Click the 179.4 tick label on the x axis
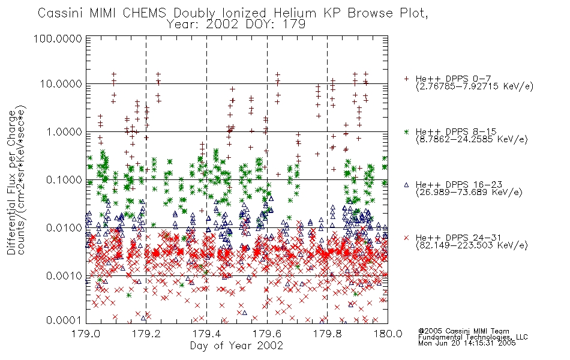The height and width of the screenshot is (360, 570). click(206, 334)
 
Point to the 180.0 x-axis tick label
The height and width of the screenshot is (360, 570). click(388, 334)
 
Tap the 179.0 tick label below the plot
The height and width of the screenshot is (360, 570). click(86, 334)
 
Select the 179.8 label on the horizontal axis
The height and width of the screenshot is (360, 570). click(327, 334)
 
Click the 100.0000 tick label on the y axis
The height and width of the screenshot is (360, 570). click(58, 38)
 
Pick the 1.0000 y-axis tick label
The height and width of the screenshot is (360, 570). click(64, 131)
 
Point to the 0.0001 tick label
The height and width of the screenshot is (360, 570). click(64, 320)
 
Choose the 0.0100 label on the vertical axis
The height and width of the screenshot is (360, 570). click(64, 228)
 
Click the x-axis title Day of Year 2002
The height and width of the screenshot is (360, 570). click(236, 346)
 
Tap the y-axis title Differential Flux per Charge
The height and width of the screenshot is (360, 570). click(11, 182)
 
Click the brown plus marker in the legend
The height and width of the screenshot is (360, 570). click(406, 79)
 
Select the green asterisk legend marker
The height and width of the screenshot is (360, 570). click(406, 131)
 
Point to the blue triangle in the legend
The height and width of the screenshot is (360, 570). click(406, 185)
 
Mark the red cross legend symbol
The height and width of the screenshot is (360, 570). click(406, 238)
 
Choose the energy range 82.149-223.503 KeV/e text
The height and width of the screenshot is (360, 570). click(472, 245)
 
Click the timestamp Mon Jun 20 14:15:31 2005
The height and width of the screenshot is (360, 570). click(467, 343)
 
